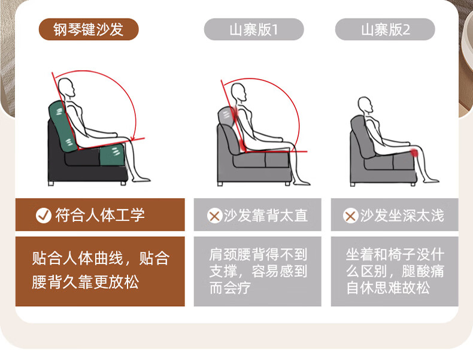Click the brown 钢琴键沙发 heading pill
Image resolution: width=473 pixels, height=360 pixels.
(89, 29)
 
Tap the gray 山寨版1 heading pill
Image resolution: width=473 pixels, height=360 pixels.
(254, 29)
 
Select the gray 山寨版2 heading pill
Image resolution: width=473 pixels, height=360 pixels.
(385, 29)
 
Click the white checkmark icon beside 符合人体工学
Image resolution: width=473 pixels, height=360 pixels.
(44, 215)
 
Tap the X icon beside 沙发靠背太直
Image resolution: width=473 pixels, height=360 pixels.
(214, 216)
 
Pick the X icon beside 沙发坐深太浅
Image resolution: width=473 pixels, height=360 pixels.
(350, 216)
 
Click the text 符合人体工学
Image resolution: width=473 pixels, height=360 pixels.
(100, 215)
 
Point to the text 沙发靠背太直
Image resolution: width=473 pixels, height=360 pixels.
(265, 216)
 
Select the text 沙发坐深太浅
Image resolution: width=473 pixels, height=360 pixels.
(402, 216)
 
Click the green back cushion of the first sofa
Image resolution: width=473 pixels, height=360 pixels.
(63, 126)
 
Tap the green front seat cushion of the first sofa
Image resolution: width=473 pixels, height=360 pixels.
(112, 155)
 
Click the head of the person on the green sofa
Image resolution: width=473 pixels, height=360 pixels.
(66, 87)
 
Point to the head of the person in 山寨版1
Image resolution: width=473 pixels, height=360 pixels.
(239, 92)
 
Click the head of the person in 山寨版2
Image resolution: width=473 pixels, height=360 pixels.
(365, 105)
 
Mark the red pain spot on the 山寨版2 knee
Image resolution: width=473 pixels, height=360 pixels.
(414, 153)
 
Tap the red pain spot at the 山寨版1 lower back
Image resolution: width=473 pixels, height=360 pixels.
(242, 145)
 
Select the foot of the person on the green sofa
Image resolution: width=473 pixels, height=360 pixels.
(141, 180)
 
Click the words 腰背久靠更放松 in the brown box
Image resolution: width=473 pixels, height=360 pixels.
(86, 282)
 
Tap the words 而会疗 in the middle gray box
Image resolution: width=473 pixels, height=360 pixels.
(230, 288)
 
